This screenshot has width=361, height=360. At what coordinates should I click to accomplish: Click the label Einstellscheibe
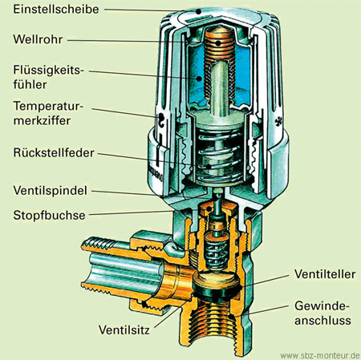(x=56, y=10)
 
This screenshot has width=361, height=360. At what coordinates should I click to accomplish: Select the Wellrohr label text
(x=38, y=39)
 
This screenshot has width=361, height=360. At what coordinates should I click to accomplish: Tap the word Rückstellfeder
(x=54, y=153)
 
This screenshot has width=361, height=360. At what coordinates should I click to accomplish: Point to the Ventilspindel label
(x=50, y=191)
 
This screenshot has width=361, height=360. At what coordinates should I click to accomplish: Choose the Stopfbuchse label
(x=49, y=215)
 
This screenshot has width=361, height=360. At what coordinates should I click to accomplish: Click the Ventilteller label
(x=325, y=274)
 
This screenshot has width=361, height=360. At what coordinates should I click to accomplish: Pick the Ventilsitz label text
(x=124, y=330)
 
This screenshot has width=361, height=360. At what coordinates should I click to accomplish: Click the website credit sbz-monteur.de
(x=320, y=356)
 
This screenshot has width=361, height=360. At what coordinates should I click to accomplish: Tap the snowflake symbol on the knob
(x=278, y=122)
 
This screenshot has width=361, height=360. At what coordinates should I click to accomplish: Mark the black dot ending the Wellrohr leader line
(x=218, y=42)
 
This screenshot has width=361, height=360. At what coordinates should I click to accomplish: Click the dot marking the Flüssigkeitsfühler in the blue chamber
(x=199, y=79)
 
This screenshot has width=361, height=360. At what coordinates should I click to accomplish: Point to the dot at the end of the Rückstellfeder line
(x=209, y=166)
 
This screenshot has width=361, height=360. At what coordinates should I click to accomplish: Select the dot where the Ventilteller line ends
(x=242, y=288)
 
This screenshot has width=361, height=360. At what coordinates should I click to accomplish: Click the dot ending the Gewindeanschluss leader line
(x=230, y=317)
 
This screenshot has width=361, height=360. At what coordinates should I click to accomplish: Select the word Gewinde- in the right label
(x=322, y=305)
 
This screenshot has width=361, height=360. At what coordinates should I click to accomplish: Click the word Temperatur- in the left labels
(x=48, y=106)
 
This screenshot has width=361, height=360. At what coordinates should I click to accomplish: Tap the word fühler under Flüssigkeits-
(x=30, y=85)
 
